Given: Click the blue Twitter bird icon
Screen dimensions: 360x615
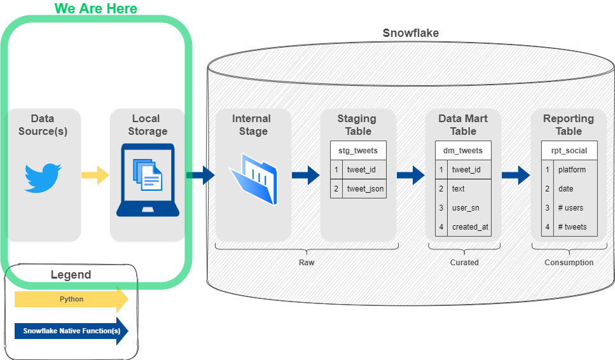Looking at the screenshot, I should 43,177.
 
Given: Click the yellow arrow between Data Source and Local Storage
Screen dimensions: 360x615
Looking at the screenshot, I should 95,175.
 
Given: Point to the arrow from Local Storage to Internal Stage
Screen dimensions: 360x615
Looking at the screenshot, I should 200,175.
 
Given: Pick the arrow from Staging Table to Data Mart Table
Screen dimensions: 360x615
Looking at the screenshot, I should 410,175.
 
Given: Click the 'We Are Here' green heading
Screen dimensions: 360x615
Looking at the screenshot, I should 96,9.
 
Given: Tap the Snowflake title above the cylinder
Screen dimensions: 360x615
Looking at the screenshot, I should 410,33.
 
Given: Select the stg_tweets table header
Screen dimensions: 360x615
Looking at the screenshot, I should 358,151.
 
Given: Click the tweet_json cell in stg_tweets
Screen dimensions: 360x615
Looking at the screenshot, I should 365,189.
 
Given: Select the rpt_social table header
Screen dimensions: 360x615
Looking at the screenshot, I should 569,151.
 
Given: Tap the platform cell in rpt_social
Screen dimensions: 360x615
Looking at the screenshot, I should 572,170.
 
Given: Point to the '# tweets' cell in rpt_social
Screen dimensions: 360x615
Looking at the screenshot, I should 572,227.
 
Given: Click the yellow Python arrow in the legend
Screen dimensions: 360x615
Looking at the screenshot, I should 71,299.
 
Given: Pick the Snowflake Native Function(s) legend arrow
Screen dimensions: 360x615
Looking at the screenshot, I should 71,331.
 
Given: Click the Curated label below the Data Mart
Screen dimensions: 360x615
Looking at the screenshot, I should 464,262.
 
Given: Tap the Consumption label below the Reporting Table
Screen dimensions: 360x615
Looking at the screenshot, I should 569,262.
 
